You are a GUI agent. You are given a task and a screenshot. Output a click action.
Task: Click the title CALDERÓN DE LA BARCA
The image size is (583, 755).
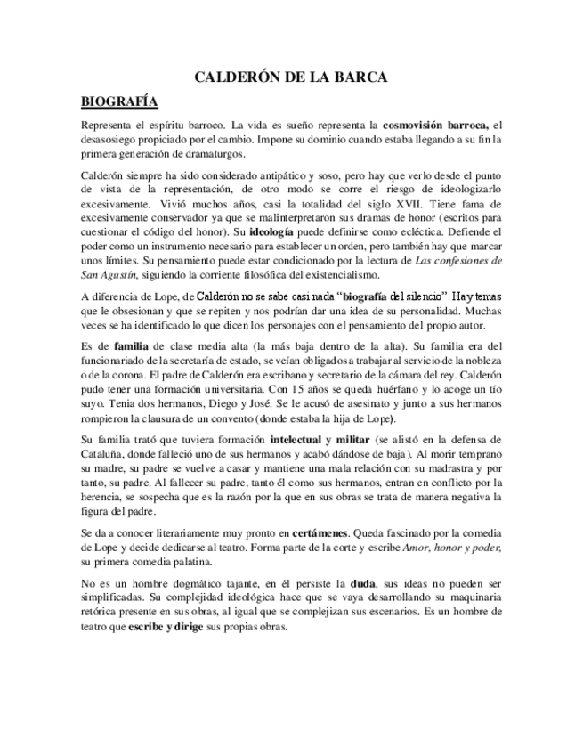[291, 78]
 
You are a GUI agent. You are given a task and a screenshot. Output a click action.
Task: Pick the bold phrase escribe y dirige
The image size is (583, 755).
[175, 627]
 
